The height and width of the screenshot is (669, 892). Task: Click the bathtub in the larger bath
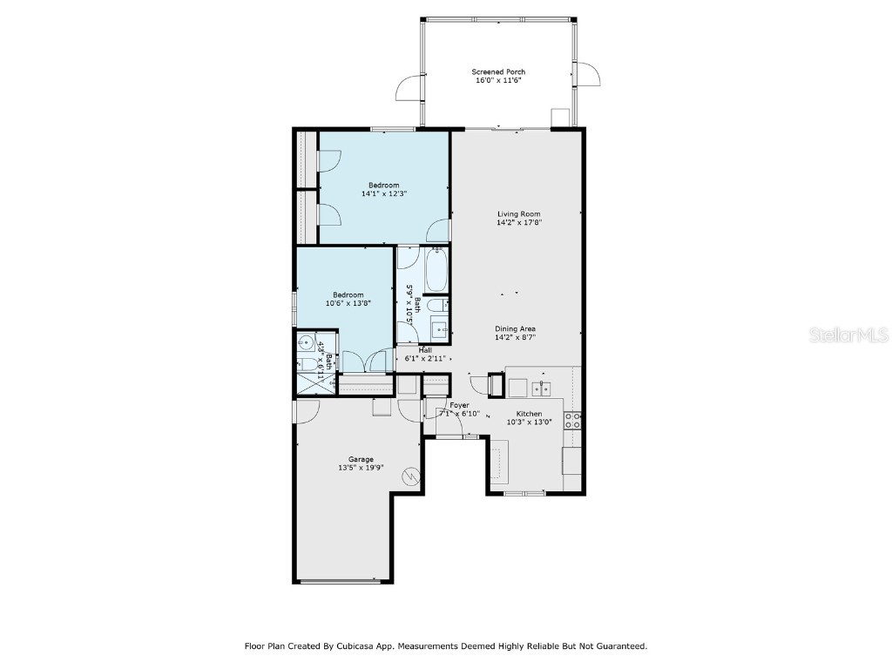(x=436, y=270)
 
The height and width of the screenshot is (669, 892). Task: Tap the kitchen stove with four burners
(x=573, y=422)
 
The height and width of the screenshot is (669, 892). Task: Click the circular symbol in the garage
(x=411, y=476)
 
